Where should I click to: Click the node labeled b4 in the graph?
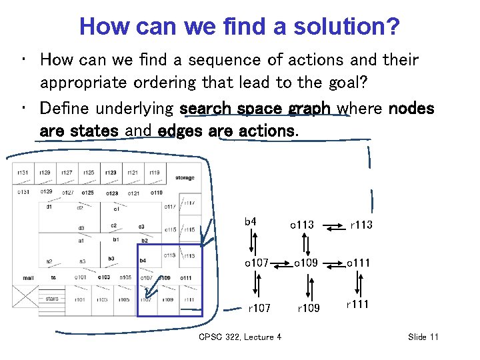(251, 221)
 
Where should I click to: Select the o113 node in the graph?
(301, 225)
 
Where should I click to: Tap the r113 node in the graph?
(361, 225)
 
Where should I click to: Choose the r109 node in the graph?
(308, 308)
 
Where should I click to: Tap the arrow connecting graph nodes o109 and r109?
(307, 285)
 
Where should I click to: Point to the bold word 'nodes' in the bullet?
(411, 108)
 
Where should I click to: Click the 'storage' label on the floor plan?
(185, 178)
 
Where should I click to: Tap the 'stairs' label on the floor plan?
(52, 299)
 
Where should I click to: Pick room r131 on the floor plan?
(23, 173)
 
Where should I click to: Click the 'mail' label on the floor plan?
(28, 277)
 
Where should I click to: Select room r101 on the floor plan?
(80, 300)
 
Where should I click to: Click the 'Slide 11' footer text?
(423, 337)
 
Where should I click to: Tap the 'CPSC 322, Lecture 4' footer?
(240, 337)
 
